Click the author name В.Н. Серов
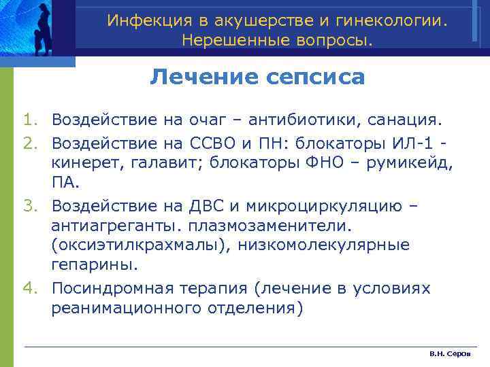click(449, 355)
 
